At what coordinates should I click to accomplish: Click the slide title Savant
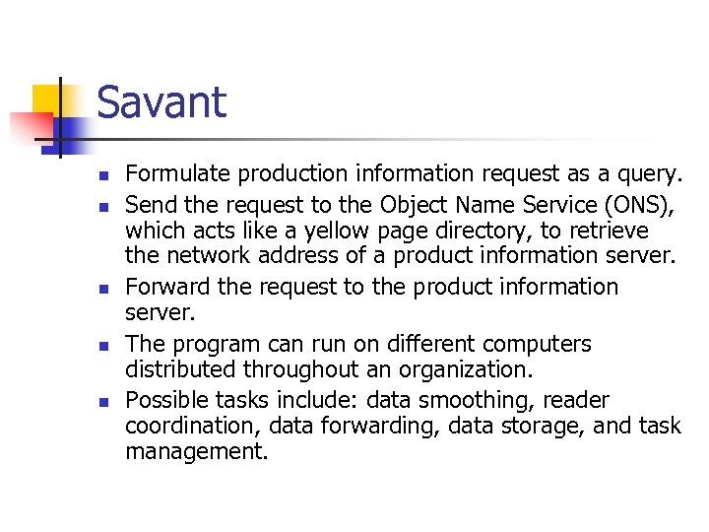click(x=161, y=102)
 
